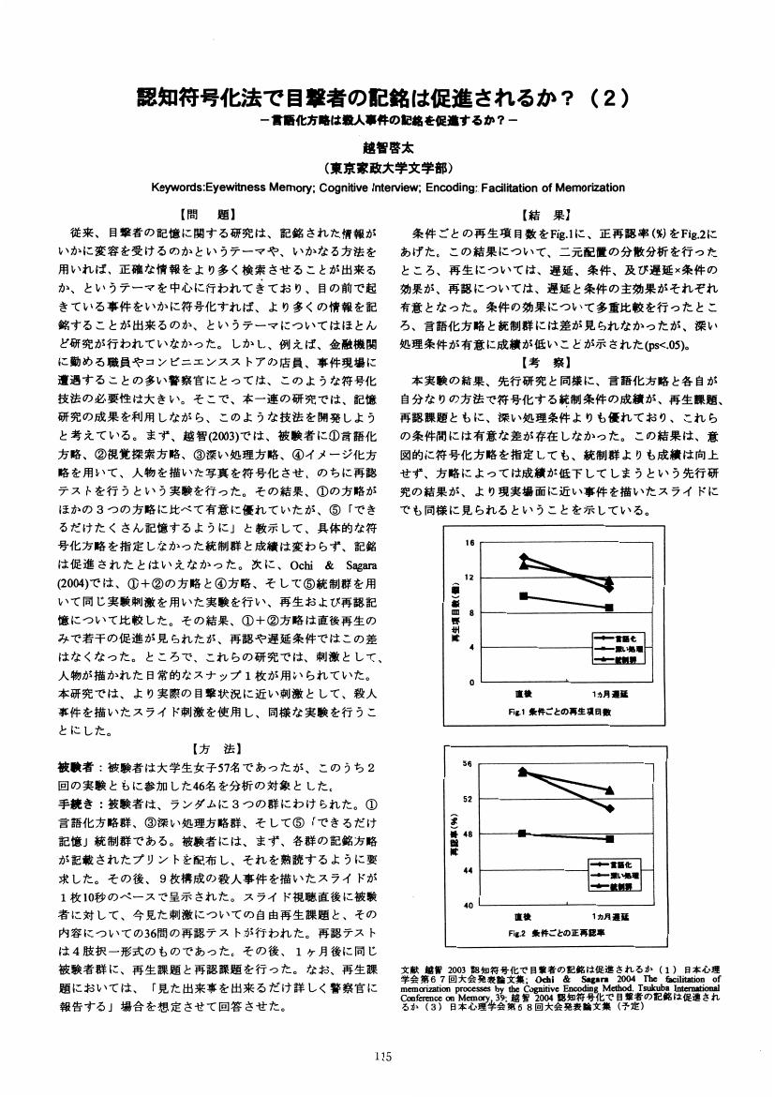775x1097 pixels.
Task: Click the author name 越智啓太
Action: (x=388, y=147)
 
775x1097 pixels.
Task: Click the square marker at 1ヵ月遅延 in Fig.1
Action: (x=609, y=608)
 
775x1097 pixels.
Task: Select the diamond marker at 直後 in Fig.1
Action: (x=524, y=558)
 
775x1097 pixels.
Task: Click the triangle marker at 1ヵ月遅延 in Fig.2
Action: (x=609, y=790)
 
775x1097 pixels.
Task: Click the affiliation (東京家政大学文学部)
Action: (x=388, y=169)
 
